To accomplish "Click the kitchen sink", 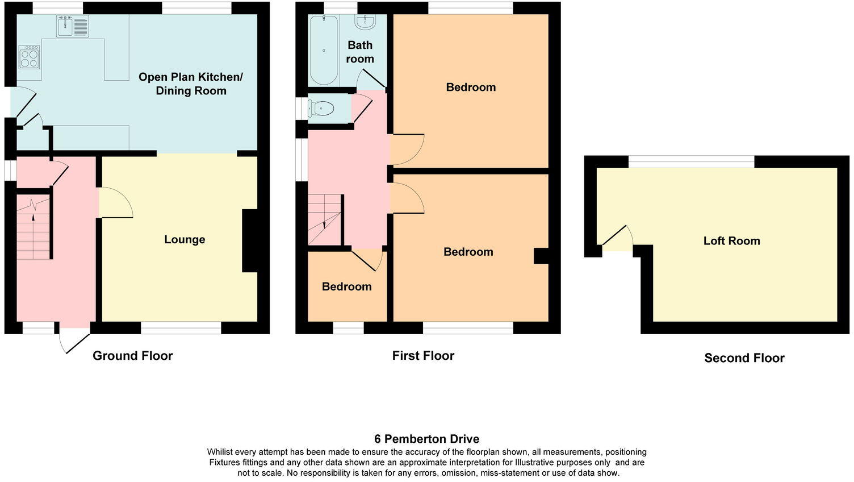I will pyautogui.click(x=73, y=26).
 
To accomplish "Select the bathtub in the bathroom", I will pyautogui.click(x=324, y=50).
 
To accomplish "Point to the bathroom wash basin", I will pyautogui.click(x=364, y=22).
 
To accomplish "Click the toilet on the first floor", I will pyautogui.click(x=321, y=109).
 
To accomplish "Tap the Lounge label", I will pyautogui.click(x=185, y=240).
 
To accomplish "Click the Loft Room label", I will pyautogui.click(x=731, y=241).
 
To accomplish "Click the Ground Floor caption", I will pyautogui.click(x=132, y=356).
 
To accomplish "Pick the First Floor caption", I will pyautogui.click(x=423, y=356).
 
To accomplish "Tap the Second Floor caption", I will pyautogui.click(x=744, y=358).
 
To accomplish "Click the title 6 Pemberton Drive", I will pyautogui.click(x=426, y=439).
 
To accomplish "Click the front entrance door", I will pyautogui.click(x=74, y=339).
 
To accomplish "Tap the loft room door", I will pyautogui.click(x=618, y=239).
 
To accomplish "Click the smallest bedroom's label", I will pyautogui.click(x=346, y=287).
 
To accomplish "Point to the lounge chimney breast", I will pyautogui.click(x=250, y=240).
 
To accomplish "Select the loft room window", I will pyautogui.click(x=691, y=161).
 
